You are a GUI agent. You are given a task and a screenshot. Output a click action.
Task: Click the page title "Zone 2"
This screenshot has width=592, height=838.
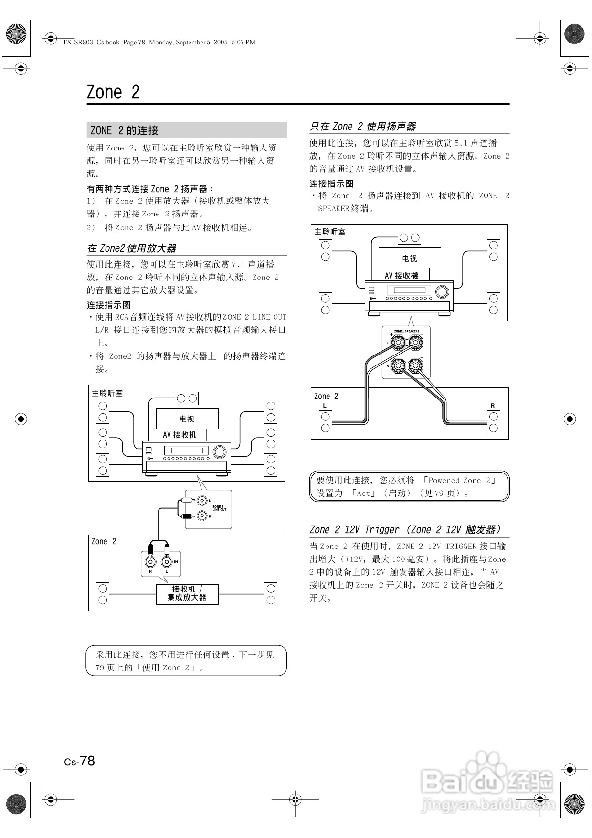(113, 92)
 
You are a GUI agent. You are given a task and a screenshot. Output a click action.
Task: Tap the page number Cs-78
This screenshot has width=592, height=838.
(80, 761)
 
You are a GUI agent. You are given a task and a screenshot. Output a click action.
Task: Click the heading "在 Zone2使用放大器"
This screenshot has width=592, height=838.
(132, 248)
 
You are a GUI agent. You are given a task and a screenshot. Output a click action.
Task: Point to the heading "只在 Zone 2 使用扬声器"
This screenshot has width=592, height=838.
(363, 127)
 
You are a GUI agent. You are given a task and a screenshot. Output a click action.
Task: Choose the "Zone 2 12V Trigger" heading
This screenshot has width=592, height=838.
(405, 529)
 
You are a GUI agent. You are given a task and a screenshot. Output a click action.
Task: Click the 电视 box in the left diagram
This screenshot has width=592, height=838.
(187, 419)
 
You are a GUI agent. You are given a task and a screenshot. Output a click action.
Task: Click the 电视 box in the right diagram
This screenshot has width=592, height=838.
(410, 258)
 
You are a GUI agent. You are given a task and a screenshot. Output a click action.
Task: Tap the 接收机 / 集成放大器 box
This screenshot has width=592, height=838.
(187, 594)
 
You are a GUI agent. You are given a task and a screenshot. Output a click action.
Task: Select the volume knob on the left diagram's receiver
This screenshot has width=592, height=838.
(220, 451)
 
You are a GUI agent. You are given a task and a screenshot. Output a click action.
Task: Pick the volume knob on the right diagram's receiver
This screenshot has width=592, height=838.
(443, 291)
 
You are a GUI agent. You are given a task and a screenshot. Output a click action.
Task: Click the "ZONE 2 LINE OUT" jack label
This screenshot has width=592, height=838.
(219, 508)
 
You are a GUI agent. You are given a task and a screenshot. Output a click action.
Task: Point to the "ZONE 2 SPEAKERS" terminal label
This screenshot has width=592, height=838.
(407, 331)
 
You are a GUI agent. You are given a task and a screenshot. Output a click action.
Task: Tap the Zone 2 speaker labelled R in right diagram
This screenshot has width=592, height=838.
(494, 421)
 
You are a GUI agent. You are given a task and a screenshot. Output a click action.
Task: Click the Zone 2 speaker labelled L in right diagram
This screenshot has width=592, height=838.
(326, 421)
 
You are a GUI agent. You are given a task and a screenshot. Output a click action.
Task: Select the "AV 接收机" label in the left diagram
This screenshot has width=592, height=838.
(179, 435)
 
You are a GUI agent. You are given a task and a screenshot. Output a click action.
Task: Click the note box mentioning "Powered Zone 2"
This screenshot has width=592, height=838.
(410, 487)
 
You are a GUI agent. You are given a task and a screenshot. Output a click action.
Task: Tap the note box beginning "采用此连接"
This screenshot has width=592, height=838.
(186, 661)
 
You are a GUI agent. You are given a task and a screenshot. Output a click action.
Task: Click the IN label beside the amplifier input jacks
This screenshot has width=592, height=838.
(176, 561)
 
